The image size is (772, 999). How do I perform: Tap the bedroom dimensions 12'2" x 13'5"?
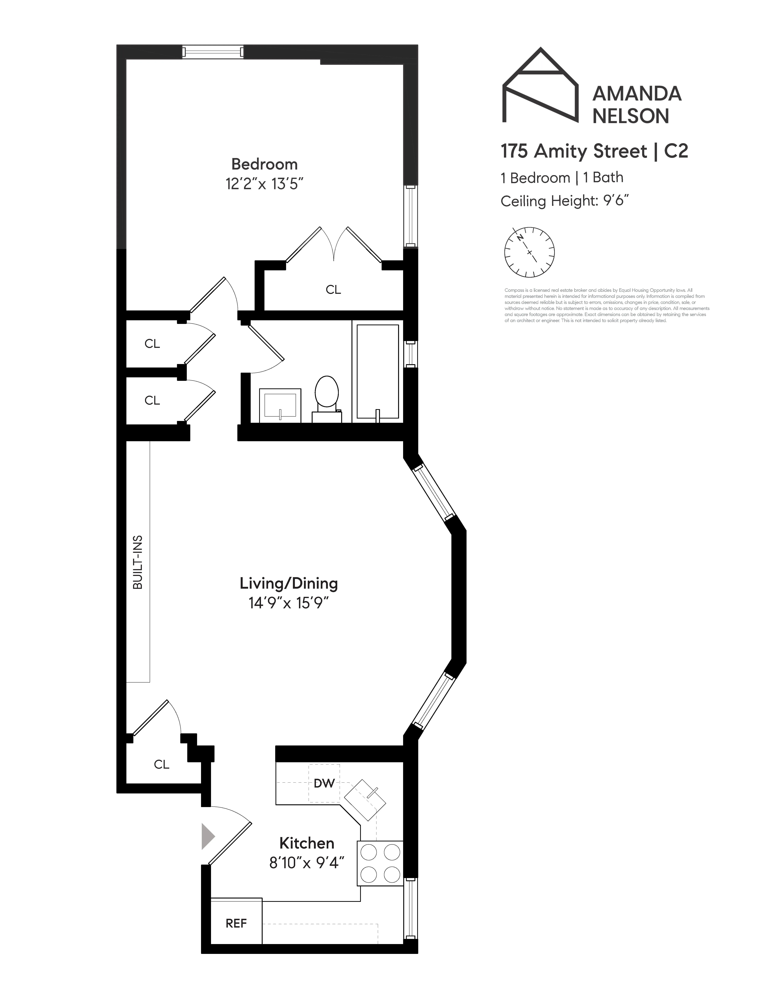click(x=264, y=184)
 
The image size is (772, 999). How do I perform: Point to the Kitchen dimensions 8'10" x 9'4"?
click(x=306, y=863)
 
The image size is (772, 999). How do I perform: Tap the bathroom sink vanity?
click(x=280, y=405)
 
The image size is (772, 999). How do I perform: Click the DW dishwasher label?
click(x=324, y=783)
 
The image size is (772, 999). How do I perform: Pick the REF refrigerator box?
click(x=236, y=923)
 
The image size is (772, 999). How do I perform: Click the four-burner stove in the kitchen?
click(x=380, y=863)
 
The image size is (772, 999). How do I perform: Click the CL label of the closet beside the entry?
click(x=162, y=764)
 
